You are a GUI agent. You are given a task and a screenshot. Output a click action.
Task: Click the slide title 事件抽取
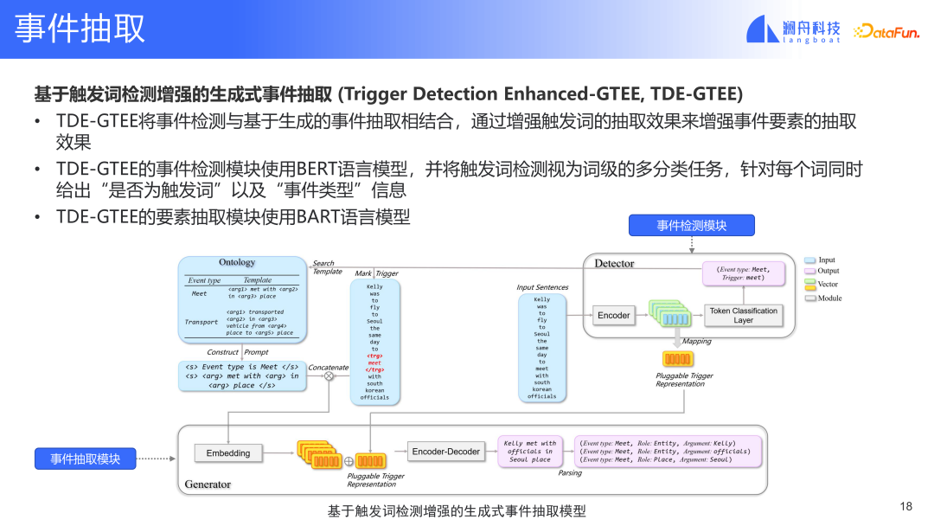[80, 29]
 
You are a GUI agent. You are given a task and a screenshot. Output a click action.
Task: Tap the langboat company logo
[793, 29]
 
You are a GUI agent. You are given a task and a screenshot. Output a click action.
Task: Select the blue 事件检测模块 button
[691, 226]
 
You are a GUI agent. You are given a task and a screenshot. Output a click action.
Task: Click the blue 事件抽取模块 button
[85, 459]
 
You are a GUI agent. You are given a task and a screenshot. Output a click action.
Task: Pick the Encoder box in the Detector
[614, 315]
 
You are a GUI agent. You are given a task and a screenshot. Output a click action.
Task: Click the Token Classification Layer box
[743, 315]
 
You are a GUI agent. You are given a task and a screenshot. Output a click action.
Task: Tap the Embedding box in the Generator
[228, 452]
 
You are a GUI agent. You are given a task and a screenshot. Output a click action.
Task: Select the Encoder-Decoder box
[445, 452]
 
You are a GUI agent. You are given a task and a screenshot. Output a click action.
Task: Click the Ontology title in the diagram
[237, 262]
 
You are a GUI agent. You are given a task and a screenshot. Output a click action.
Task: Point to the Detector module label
[614, 263]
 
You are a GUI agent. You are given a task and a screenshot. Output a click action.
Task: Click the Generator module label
[208, 484]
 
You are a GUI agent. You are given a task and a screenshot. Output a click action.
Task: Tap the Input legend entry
[820, 260]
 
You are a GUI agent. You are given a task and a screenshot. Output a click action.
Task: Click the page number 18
[906, 506]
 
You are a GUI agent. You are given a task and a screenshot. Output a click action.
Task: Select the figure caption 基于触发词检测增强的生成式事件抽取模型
[457, 511]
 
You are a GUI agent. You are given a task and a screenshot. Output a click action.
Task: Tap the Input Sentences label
[542, 287]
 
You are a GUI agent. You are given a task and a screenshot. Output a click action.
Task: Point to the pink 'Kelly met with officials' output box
[530, 452]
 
